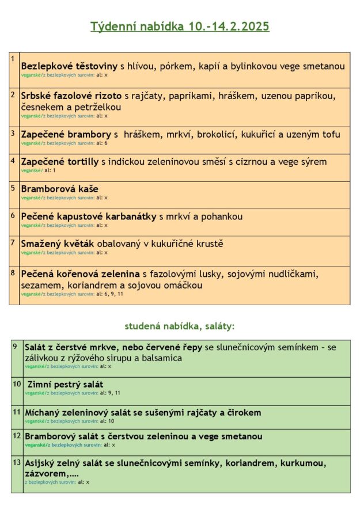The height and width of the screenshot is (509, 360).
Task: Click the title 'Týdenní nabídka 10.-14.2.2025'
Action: click(x=180, y=26)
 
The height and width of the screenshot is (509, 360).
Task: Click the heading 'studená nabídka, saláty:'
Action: click(x=180, y=326)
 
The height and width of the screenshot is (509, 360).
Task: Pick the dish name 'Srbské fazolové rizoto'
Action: click(x=71, y=96)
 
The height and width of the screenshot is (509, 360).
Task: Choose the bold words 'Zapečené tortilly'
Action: click(x=60, y=162)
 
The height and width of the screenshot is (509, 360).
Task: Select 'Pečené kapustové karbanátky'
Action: click(x=89, y=216)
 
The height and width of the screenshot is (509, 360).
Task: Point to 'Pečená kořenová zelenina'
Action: click(x=81, y=274)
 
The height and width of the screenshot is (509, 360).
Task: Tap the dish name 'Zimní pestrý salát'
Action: click(x=65, y=384)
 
